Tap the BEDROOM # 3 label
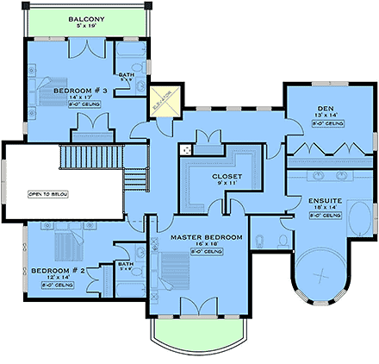point(79,90)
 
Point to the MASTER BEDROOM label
point(206,236)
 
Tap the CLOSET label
point(227,176)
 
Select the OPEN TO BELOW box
point(47,193)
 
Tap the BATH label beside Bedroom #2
point(124,264)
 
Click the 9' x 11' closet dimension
point(227,184)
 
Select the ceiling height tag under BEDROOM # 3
point(79,104)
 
